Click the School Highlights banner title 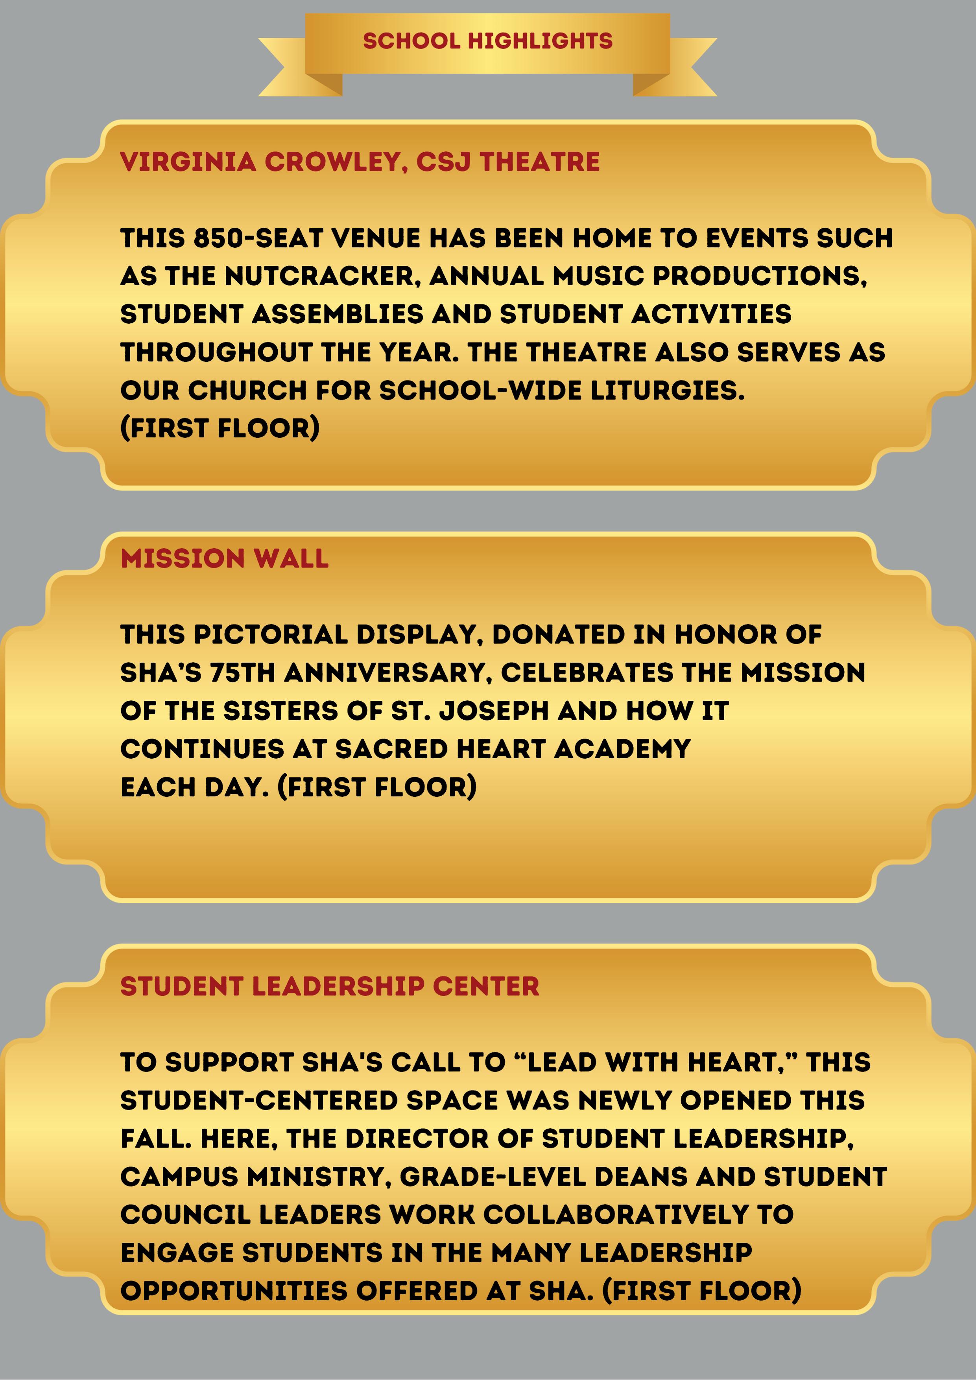[488, 41]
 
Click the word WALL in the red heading [291, 558]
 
